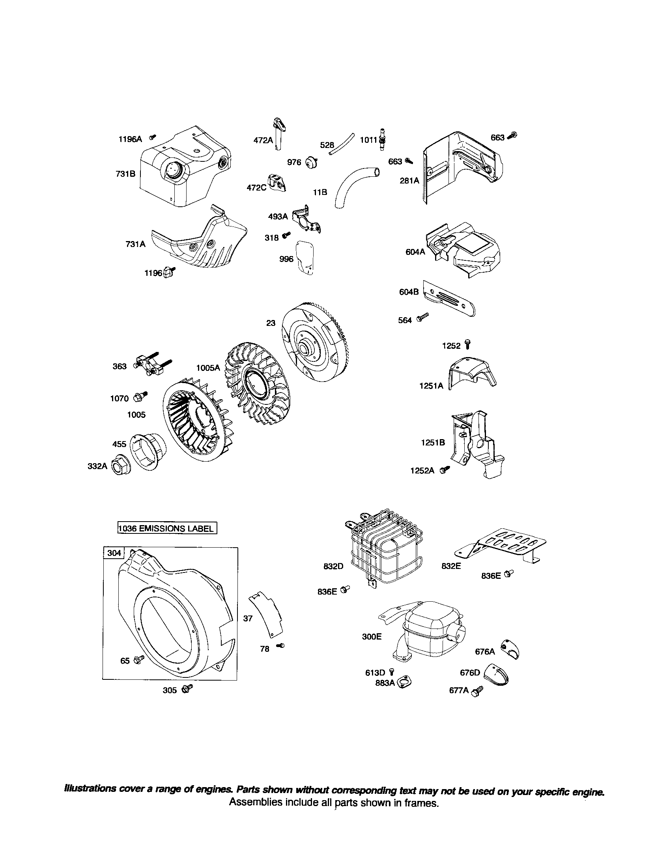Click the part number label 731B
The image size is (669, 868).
tap(125, 174)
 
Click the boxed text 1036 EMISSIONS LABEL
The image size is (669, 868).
tap(167, 528)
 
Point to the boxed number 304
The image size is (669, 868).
tap(114, 553)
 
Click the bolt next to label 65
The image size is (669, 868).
tap(139, 660)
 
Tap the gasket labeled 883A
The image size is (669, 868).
tap(404, 683)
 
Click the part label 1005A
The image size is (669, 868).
tap(208, 368)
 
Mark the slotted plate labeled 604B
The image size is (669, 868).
tap(449, 301)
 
